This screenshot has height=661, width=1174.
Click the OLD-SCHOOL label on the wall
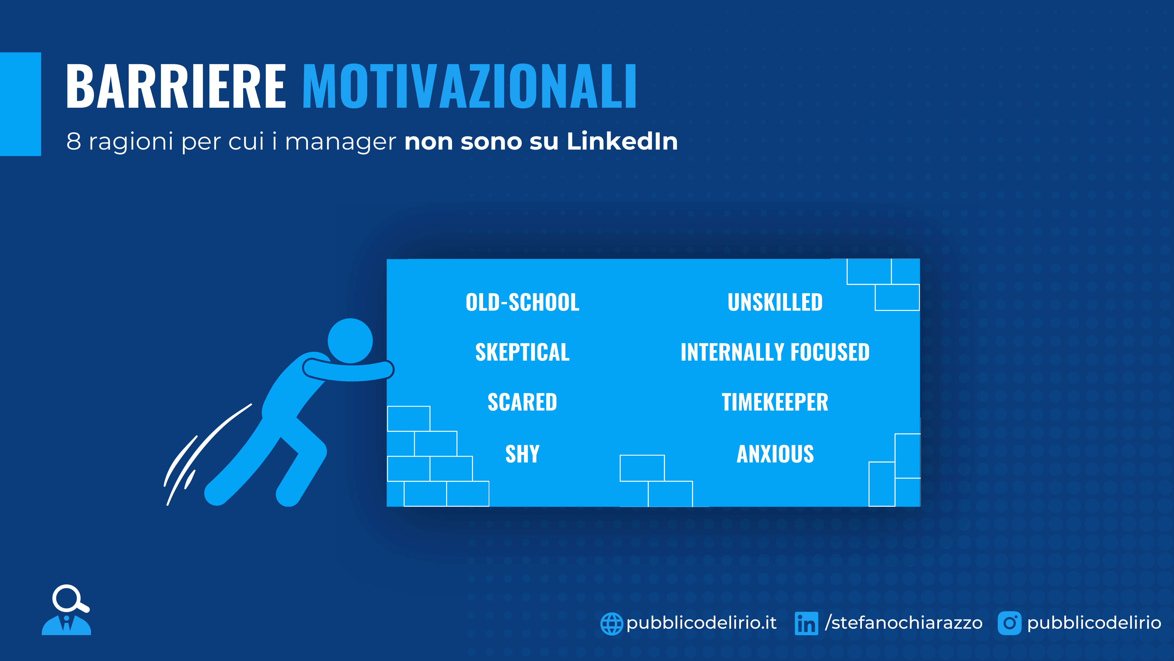(x=522, y=302)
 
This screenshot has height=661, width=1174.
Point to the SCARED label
(x=522, y=402)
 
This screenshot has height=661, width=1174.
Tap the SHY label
(x=522, y=454)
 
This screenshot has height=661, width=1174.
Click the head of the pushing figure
(x=350, y=341)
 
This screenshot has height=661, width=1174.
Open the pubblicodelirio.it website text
(x=701, y=623)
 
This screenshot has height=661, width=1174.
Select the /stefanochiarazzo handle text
(x=904, y=623)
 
